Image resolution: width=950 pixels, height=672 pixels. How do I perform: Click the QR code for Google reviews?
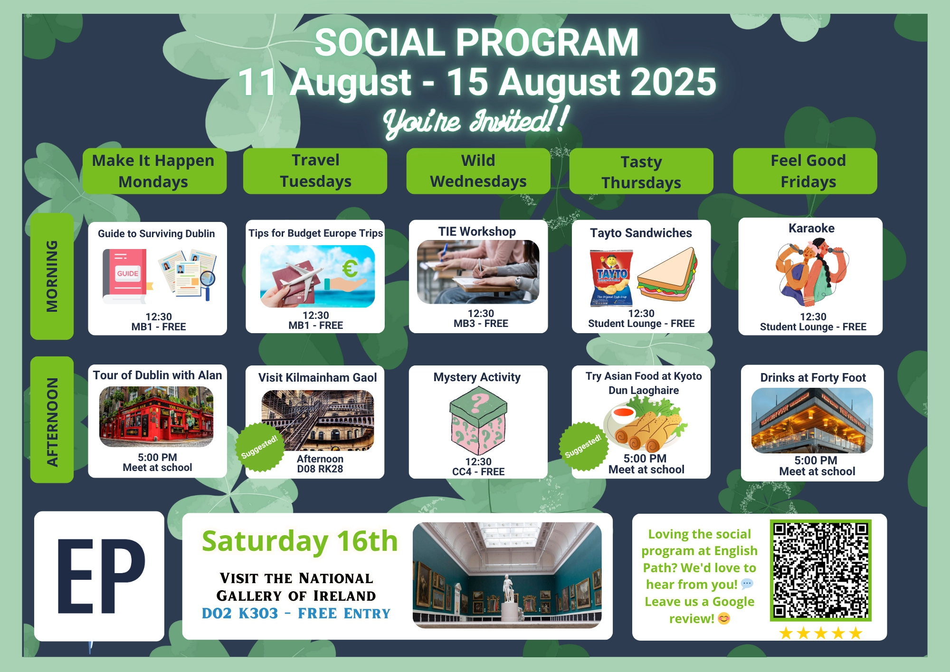[x=820, y=570]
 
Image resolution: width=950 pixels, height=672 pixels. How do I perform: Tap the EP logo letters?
[x=101, y=576]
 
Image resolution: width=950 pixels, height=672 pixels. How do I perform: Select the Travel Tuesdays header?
[x=315, y=171]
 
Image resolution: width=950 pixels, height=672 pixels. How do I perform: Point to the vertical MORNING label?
[x=52, y=276]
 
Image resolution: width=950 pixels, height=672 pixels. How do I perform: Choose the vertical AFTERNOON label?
[x=52, y=420]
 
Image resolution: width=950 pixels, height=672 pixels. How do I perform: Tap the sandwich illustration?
[x=668, y=274]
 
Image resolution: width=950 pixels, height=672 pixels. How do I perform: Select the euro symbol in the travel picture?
[x=350, y=269]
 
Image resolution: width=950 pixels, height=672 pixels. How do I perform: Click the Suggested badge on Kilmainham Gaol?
[x=259, y=447]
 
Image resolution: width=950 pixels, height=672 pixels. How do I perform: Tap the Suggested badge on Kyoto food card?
[x=583, y=446]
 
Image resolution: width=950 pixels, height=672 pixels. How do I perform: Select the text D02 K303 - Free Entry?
[x=296, y=614]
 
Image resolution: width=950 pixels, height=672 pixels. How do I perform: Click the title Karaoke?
[x=811, y=228]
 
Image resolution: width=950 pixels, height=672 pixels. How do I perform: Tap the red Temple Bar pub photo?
[x=156, y=416]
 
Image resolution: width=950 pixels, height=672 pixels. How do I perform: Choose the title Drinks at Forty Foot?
[x=813, y=378]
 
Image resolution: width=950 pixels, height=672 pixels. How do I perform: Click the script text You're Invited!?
[x=476, y=122]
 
